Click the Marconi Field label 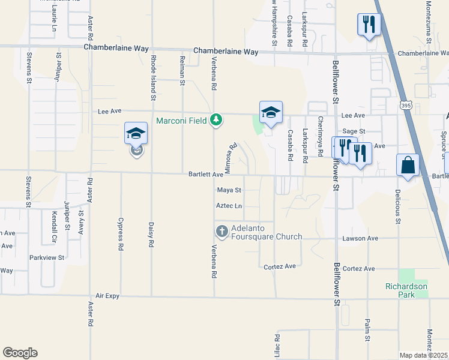point(182,120)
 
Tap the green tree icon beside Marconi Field point(216,120)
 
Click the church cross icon point(221,231)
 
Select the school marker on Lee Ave point(271,112)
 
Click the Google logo point(20,353)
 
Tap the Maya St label point(229,190)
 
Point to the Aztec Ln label point(229,206)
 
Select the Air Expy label point(109,296)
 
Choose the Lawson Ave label point(360,238)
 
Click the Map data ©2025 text point(423,355)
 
